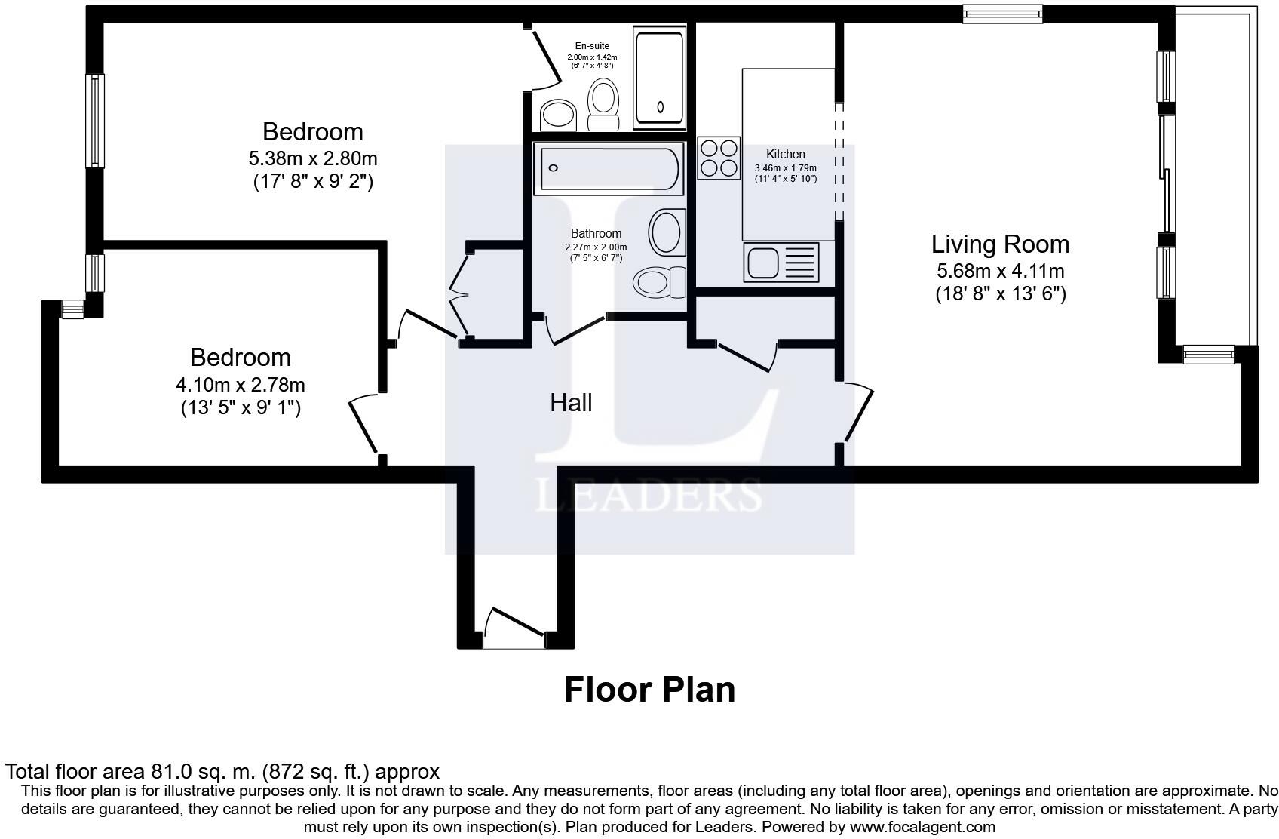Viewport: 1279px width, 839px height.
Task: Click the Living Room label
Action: (x=1000, y=244)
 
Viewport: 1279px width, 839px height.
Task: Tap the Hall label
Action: (x=571, y=403)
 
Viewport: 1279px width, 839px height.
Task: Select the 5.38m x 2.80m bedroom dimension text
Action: (x=312, y=159)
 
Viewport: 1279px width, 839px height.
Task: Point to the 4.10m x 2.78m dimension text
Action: (x=240, y=385)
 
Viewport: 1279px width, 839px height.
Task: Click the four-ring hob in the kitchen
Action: (x=719, y=158)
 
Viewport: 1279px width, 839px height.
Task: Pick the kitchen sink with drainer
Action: (x=781, y=263)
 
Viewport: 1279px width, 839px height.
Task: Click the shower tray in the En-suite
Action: (x=660, y=78)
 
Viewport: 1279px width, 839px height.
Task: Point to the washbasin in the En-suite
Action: (x=559, y=115)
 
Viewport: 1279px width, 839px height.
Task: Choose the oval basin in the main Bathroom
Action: (x=666, y=232)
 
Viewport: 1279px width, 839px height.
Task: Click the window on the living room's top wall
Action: (x=1002, y=13)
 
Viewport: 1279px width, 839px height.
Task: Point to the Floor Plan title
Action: (x=649, y=690)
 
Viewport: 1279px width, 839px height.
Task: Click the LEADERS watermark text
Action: (x=649, y=496)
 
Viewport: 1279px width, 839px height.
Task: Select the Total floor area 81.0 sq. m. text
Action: (x=222, y=772)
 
